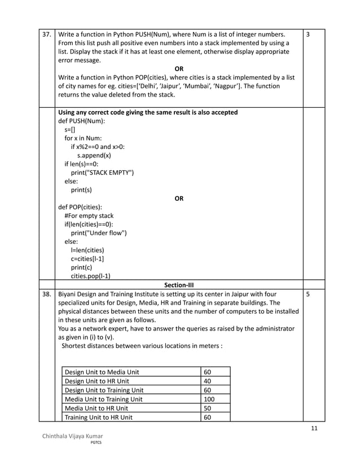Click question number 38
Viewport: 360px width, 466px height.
click(47, 294)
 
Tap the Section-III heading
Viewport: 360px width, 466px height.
click(179, 284)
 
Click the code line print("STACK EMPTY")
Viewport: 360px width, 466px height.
click(102, 173)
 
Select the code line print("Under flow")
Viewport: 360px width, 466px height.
click(99, 232)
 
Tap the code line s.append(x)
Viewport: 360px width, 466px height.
click(94, 155)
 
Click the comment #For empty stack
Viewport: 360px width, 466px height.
click(89, 216)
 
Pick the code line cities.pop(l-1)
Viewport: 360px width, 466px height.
click(90, 276)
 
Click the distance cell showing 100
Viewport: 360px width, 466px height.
click(209, 399)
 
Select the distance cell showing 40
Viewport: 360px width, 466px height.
click(207, 381)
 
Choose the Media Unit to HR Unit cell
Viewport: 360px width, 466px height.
click(96, 408)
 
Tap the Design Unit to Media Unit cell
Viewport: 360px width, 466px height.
click(102, 372)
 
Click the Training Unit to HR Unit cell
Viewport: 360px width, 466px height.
click(99, 417)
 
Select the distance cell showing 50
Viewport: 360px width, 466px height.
click(207, 408)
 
